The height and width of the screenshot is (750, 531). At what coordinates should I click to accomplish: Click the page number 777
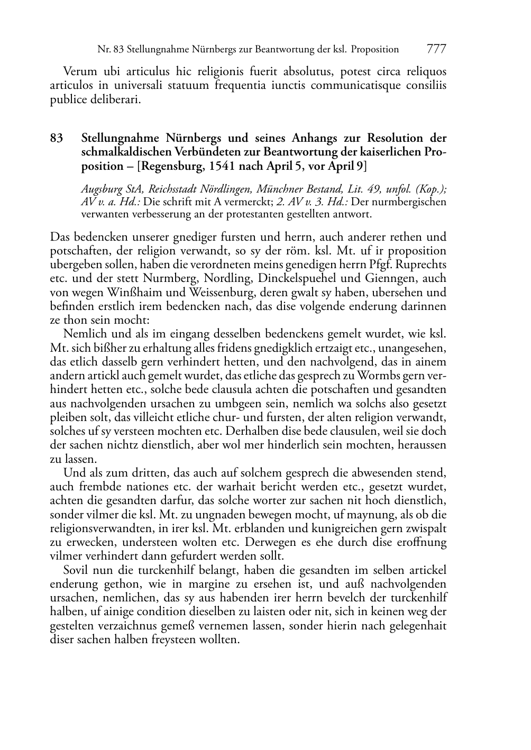[436, 49]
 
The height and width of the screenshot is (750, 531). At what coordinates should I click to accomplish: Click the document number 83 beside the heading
[57, 139]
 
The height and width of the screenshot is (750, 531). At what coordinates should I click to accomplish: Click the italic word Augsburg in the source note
[100, 189]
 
